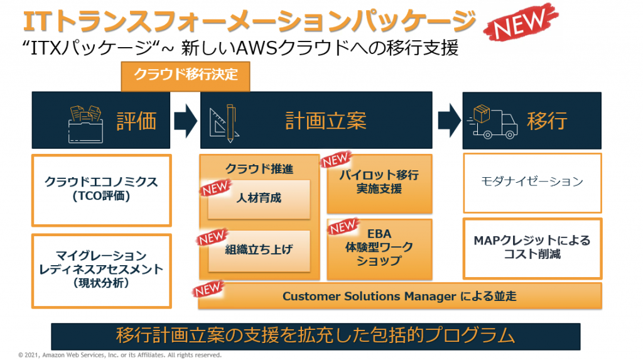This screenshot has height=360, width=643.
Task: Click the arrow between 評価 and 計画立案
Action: [185, 119]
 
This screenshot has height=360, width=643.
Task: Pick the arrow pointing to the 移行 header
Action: [448, 119]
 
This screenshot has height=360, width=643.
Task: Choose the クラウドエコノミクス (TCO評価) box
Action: [101, 190]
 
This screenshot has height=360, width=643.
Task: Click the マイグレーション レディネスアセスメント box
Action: [101, 270]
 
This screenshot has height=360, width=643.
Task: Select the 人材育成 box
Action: [259, 199]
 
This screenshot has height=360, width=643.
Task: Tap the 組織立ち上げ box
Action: [259, 250]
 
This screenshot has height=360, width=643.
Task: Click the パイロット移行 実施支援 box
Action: [379, 182]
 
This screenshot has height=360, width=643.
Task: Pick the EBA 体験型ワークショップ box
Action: [379, 249]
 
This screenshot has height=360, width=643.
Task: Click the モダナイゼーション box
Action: [532, 182]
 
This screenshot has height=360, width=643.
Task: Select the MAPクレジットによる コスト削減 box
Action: [532, 248]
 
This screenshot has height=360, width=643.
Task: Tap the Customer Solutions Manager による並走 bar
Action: [399, 296]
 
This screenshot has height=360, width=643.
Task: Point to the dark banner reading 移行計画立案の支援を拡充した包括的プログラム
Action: [315, 335]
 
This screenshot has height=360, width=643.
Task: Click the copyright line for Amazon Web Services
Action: [120, 355]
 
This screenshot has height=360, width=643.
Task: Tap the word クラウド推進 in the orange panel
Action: [259, 168]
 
